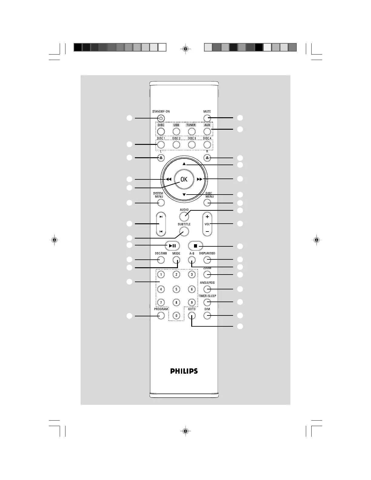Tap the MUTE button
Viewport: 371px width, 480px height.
pyautogui.click(x=207, y=118)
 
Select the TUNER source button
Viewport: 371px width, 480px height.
pyautogui.click(x=192, y=132)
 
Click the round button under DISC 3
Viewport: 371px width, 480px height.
pyautogui.click(x=192, y=145)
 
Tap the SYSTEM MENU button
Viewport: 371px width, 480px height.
pyautogui.click(x=161, y=203)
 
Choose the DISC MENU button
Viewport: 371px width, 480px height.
pyautogui.click(x=207, y=203)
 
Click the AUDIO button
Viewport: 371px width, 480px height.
pyautogui.click(x=184, y=216)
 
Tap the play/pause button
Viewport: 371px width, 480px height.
pyautogui.click(x=172, y=245)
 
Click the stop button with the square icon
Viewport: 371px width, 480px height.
pyautogui.click(x=196, y=246)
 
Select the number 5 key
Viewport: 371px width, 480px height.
pyautogui.click(x=176, y=289)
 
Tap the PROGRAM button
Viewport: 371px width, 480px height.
pyautogui.click(x=161, y=316)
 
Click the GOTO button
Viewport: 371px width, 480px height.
pyautogui.click(x=192, y=316)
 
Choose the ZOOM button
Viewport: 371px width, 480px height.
pyautogui.click(x=207, y=275)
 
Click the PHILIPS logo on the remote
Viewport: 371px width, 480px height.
pyautogui.click(x=184, y=371)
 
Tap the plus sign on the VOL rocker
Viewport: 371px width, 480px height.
pyautogui.click(x=207, y=217)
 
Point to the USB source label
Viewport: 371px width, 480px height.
pyautogui.click(x=176, y=125)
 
